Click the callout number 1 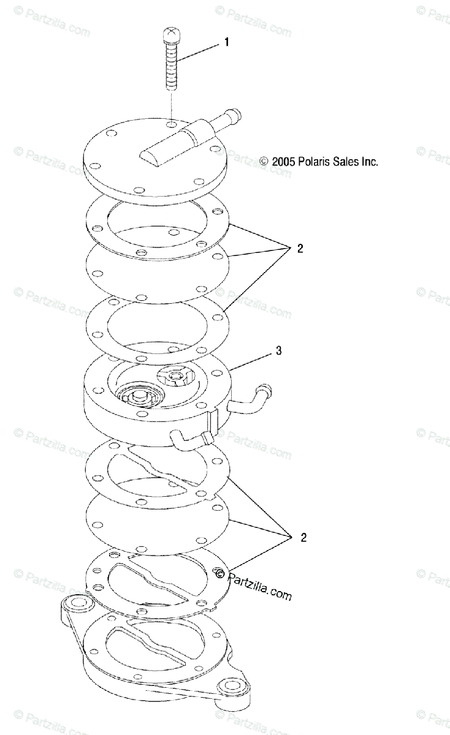(226, 42)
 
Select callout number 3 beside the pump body (278, 351)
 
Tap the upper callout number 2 (300, 249)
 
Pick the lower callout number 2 (303, 538)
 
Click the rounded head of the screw (170, 34)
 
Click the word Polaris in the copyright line (314, 162)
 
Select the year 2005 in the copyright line (284, 162)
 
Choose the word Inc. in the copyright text (370, 162)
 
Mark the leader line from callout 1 (198, 53)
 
